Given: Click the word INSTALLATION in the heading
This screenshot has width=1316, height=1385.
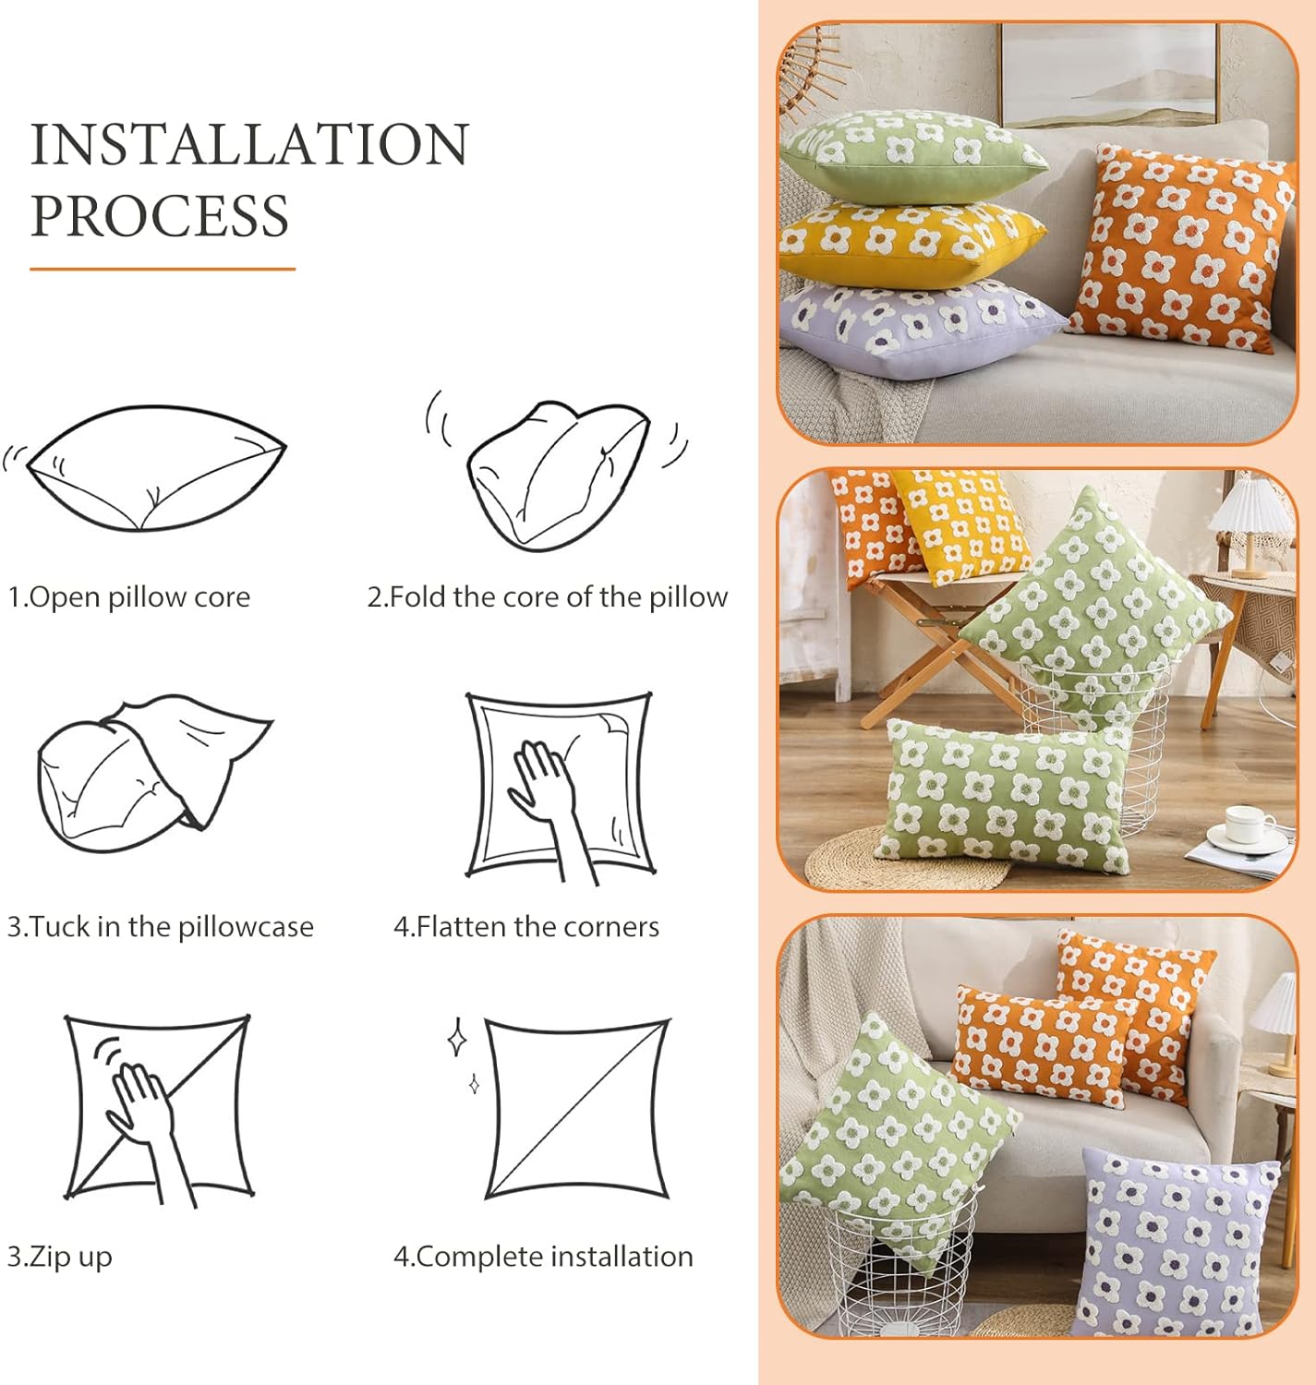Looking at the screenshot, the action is coord(249,144).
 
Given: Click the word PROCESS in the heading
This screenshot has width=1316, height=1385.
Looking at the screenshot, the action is coord(159,215).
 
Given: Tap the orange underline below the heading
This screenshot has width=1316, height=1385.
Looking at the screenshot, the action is coord(163,269).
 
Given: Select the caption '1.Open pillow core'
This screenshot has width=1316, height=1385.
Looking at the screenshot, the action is coord(129,597).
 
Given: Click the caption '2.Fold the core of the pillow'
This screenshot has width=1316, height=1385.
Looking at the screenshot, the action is coord(547,597).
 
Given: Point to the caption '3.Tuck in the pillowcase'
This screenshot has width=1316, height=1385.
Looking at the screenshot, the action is coord(160,927).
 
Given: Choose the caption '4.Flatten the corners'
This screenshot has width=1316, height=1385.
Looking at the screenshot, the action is coord(525,927).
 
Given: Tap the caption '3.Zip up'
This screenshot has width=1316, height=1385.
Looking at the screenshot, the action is coord(59,1257).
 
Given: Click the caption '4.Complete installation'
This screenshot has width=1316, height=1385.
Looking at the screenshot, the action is coord(543,1257).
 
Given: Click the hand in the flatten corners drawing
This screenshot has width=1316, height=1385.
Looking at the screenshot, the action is coord(553,803).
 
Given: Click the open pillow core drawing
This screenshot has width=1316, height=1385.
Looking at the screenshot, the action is coord(156,468).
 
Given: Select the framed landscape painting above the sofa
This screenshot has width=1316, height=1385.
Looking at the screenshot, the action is coord(1109,74).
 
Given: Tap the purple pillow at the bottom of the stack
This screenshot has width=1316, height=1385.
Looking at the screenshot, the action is coord(920,329).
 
